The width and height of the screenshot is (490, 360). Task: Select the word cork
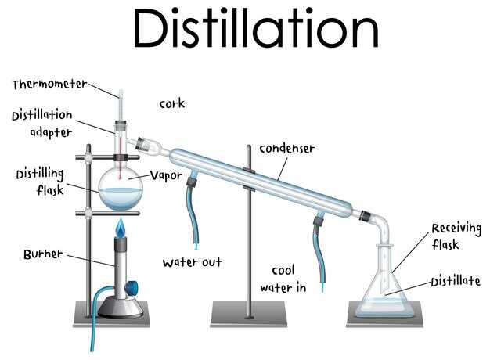pos(171,103)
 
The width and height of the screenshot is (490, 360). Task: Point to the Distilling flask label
pos(39,182)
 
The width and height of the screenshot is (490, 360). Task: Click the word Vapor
pos(166,175)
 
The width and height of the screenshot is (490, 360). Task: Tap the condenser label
pos(287,149)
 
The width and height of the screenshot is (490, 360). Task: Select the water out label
pos(192,262)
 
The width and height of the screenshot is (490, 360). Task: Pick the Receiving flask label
pos(455,236)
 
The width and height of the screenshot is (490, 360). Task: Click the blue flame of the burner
pos(120,229)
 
